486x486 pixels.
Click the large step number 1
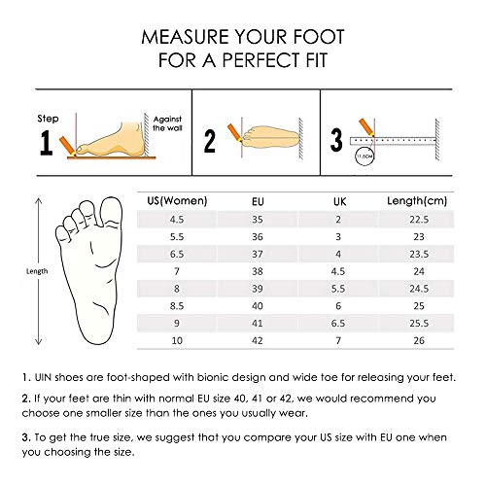pos(47,144)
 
